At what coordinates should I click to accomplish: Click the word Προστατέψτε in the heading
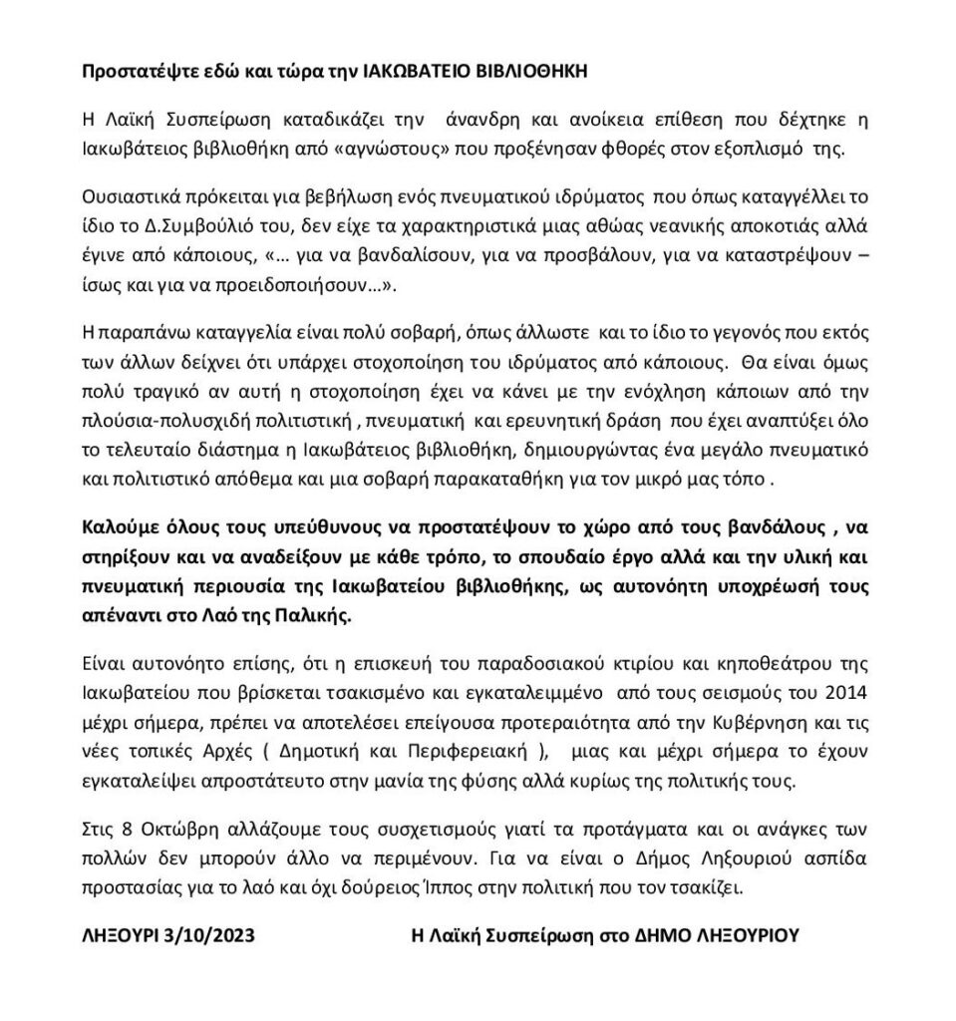[131, 72]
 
